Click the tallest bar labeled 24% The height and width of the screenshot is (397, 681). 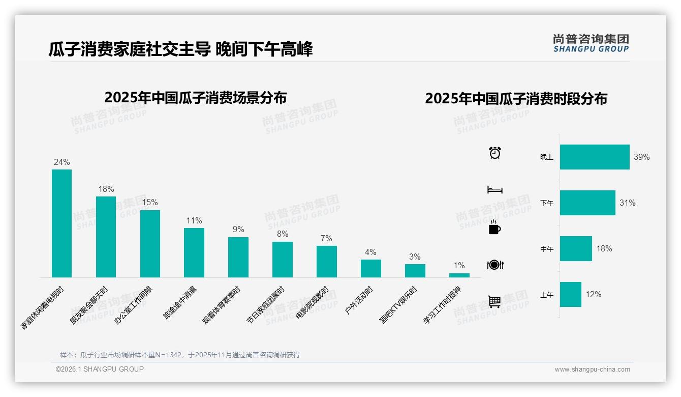point(61,223)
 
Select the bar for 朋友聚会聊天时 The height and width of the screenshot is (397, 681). point(106,237)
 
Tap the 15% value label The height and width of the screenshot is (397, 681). point(150,202)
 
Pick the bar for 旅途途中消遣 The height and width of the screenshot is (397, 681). point(194,252)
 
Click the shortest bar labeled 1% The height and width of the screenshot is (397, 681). point(459,275)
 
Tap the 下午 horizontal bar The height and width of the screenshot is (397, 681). point(587,203)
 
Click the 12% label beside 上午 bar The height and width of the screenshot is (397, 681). point(593,295)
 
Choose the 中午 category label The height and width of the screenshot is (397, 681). point(547,249)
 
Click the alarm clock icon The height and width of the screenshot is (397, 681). point(494,153)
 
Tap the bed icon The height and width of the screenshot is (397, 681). point(494,190)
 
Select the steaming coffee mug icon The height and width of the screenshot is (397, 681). point(494,228)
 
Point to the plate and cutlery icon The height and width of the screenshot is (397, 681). point(494,265)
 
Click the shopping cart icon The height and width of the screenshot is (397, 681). point(494,301)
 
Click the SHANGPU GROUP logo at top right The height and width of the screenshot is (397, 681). point(591,43)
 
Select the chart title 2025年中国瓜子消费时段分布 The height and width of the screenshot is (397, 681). point(516,99)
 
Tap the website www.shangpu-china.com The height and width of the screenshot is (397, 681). point(592,370)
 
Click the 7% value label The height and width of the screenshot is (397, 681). point(326,239)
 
